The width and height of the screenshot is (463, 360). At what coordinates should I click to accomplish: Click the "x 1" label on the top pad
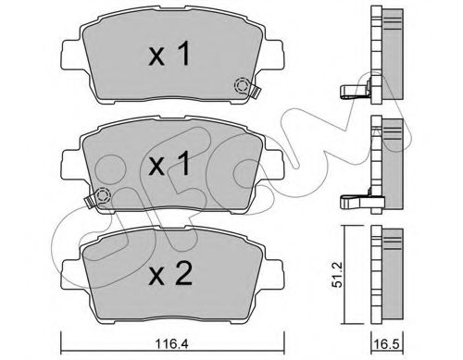tap(171, 56)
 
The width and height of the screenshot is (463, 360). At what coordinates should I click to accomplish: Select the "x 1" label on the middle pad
tap(171, 167)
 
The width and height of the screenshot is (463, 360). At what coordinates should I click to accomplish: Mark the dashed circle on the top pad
tap(243, 87)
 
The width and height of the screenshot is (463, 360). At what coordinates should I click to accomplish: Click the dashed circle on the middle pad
tap(103, 195)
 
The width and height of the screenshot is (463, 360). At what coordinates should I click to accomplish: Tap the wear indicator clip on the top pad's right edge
tap(253, 91)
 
